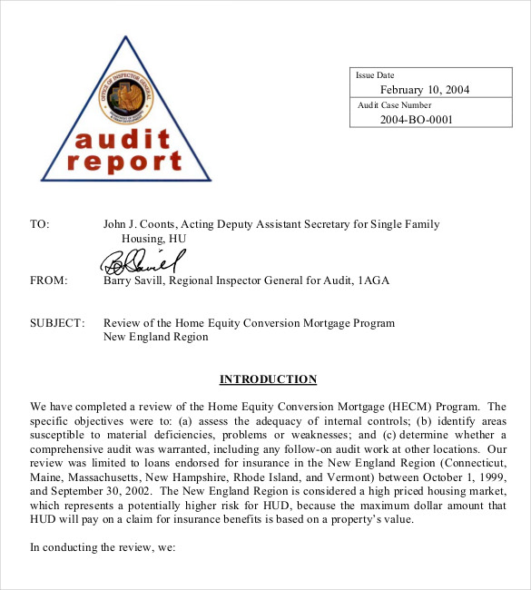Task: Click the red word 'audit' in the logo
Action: tap(123, 140)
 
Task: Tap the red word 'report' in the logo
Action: tap(124, 162)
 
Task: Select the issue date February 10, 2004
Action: tap(424, 89)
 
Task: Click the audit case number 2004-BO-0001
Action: tap(416, 119)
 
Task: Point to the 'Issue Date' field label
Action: tap(375, 75)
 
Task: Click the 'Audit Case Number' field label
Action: tap(394, 105)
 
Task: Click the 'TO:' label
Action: tap(40, 223)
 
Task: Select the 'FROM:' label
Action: tap(49, 280)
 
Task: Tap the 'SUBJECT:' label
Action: tap(57, 323)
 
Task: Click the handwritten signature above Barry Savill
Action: tap(141, 261)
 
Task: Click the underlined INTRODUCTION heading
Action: tap(268, 379)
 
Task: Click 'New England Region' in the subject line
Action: tap(155, 337)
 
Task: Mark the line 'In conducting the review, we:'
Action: tap(102, 547)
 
